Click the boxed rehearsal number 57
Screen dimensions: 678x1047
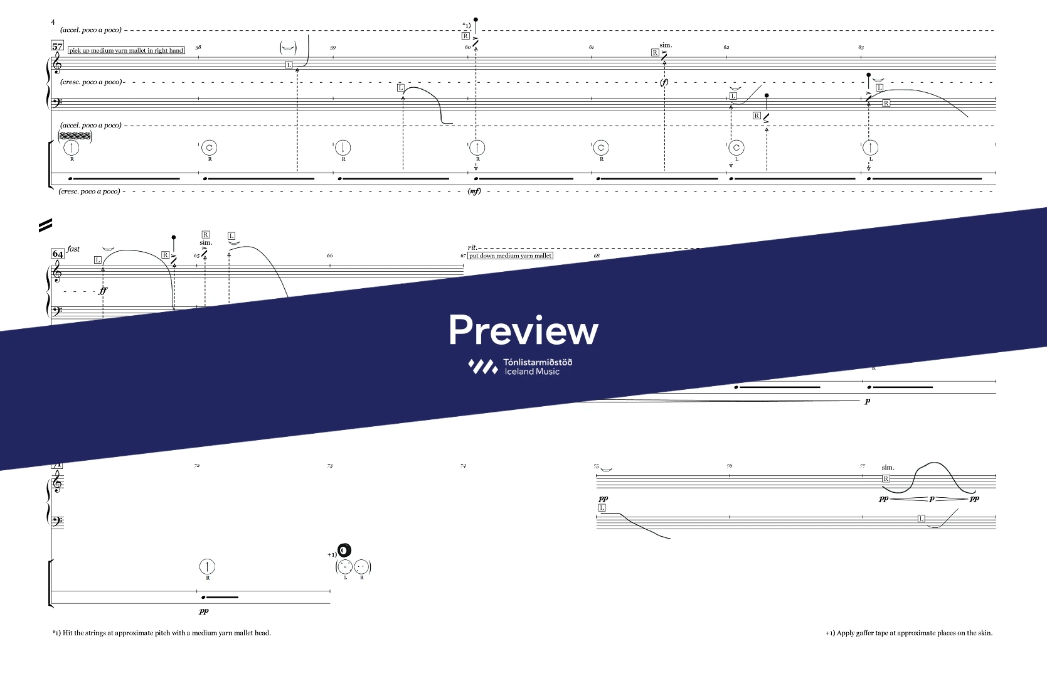[58, 46]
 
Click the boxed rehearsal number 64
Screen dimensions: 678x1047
[58, 254]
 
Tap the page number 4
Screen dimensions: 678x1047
[53, 23]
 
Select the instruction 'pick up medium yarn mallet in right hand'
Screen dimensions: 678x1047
[126, 50]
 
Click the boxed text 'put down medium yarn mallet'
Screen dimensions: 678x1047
[511, 256]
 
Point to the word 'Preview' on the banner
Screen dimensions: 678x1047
[523, 330]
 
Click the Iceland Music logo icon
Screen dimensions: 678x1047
[483, 367]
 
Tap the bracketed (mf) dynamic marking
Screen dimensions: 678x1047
[474, 191]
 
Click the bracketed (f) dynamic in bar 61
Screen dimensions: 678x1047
[664, 82]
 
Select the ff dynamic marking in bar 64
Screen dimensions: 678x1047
[103, 291]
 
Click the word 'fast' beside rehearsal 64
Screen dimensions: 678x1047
[73, 249]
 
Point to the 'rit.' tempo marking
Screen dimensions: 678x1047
[472, 248]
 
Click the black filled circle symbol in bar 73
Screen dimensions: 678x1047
[344, 552]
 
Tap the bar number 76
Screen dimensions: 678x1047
[729, 466]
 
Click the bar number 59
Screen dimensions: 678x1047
[333, 48]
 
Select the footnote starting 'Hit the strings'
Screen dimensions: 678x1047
[162, 633]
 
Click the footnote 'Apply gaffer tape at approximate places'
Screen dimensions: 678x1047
[909, 633]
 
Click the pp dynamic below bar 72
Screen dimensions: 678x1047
[204, 611]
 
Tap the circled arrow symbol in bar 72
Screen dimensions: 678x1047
[207, 567]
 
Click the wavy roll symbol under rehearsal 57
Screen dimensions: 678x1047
[75, 136]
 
